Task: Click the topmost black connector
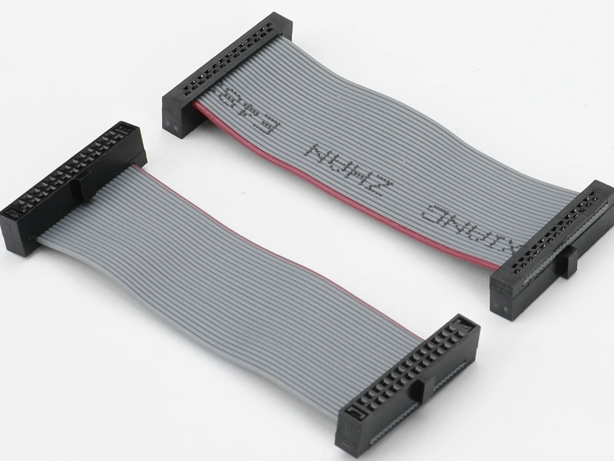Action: pyautogui.click(x=225, y=70)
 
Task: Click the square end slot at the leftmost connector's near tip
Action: pyautogui.click(x=12, y=213)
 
